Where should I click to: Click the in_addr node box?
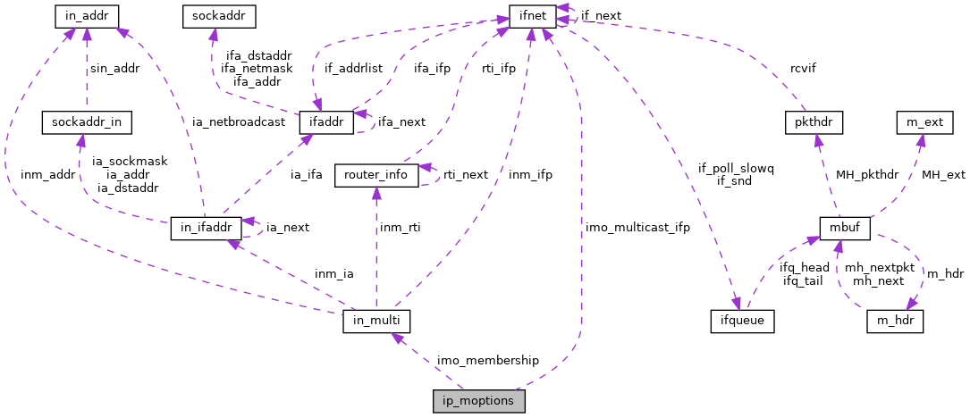pos(87,16)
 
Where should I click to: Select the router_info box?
pos(375,175)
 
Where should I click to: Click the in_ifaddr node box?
pos(207,229)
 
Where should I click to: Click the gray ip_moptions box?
pos(478,401)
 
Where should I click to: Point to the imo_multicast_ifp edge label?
pos(637,228)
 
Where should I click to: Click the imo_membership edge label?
pos(487,360)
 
